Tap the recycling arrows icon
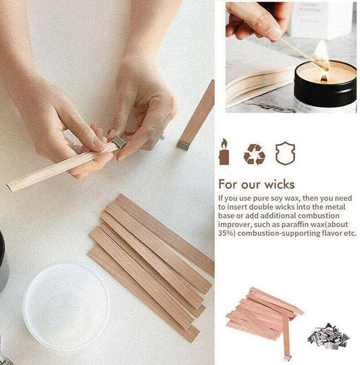pyautogui.click(x=254, y=154)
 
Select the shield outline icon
pyautogui.click(x=285, y=153)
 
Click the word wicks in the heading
pyautogui.click(x=280, y=185)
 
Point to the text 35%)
pyautogui.click(x=226, y=233)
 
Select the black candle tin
pyautogui.click(x=325, y=86)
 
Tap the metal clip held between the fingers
pyautogui.click(x=120, y=141)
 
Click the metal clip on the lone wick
pyautogui.click(x=183, y=145)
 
